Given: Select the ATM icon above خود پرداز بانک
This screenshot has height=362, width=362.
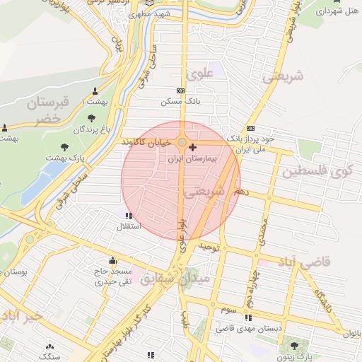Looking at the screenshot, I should [x=250, y=128].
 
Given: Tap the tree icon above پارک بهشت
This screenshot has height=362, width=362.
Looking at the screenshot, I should [x=65, y=147].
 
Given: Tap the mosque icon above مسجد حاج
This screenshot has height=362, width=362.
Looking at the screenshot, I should [x=112, y=259].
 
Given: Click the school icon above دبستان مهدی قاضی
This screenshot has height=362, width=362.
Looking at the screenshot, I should [x=249, y=317].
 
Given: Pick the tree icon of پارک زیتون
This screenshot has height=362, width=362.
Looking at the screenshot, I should [x=294, y=346].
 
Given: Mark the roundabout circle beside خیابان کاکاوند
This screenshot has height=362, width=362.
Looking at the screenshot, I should [x=182, y=143].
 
